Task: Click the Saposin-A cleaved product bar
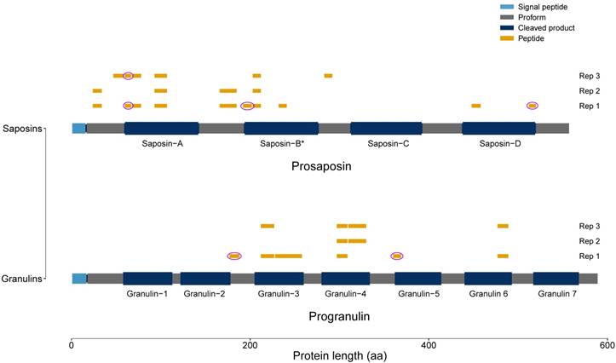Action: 161,128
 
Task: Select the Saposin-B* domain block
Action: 281,128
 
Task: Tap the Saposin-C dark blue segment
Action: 386,128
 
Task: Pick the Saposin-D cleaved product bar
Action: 498,128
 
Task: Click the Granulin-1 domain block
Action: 147,278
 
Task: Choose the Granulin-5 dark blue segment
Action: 417,278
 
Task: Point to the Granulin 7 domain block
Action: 556,278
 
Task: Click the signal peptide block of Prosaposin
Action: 78,128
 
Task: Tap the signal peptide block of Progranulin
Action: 78,278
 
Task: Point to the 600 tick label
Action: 606,344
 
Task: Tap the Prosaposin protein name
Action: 321,167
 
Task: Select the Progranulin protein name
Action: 338,317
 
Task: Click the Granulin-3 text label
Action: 279,294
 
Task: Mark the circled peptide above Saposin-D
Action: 533,106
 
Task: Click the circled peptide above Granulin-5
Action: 396,256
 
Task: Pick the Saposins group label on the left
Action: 23,128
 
